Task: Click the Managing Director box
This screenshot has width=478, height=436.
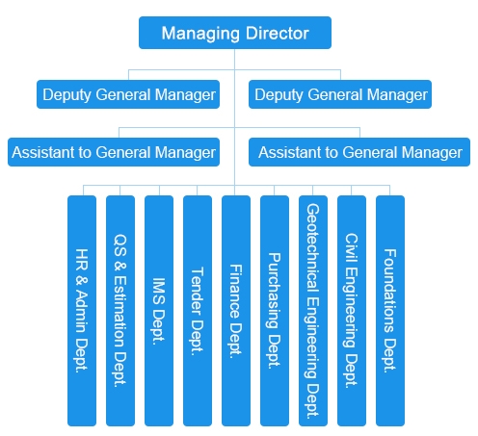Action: (x=235, y=33)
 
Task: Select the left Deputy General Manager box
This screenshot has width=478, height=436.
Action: (x=128, y=94)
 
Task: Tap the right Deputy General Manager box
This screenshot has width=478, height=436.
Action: (x=340, y=94)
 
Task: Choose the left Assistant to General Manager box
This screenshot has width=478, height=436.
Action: (x=114, y=152)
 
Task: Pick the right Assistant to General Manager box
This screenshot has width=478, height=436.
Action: (x=359, y=152)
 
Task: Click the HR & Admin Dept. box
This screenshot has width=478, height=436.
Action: (x=82, y=311)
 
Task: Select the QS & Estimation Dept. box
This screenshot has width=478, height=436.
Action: (x=120, y=311)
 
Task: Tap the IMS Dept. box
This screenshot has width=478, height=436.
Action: (x=159, y=311)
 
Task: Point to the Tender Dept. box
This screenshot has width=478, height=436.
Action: (x=198, y=311)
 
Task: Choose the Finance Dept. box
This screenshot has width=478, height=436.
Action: (x=236, y=311)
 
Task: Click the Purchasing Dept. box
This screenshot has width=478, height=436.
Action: (x=275, y=311)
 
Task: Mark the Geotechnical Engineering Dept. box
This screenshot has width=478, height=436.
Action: (x=313, y=311)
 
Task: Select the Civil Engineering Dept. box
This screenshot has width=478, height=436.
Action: (x=352, y=311)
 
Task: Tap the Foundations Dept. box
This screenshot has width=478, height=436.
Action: (x=390, y=311)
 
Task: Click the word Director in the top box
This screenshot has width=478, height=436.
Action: (x=278, y=33)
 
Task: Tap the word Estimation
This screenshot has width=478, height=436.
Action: (x=120, y=311)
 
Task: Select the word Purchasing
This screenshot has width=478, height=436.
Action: (x=274, y=291)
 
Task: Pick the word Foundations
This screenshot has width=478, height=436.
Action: (x=390, y=291)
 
